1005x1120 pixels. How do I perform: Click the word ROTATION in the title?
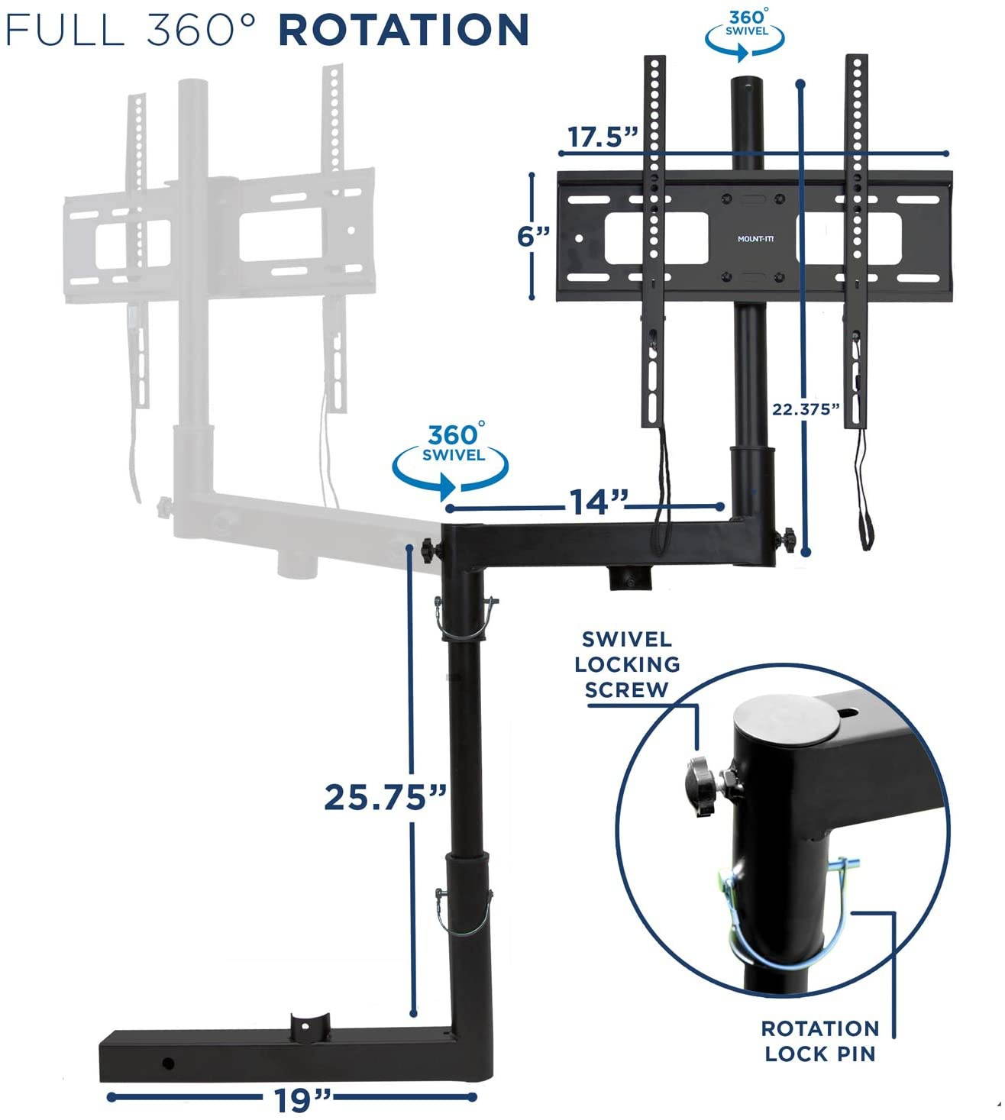(403, 29)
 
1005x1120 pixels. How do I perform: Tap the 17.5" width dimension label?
(603, 137)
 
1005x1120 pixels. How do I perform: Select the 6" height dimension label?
(533, 236)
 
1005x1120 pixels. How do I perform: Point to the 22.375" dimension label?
(806, 409)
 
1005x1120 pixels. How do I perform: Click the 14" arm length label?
(598, 502)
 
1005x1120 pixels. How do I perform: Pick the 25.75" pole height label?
(386, 798)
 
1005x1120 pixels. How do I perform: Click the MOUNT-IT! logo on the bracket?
(755, 239)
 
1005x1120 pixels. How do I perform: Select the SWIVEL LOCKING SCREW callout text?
(627, 664)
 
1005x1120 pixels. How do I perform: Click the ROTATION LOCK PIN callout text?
(820, 1041)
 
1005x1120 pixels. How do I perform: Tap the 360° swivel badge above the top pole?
(744, 31)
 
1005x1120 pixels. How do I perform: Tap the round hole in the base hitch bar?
(168, 1064)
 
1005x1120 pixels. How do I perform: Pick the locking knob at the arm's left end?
(431, 550)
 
